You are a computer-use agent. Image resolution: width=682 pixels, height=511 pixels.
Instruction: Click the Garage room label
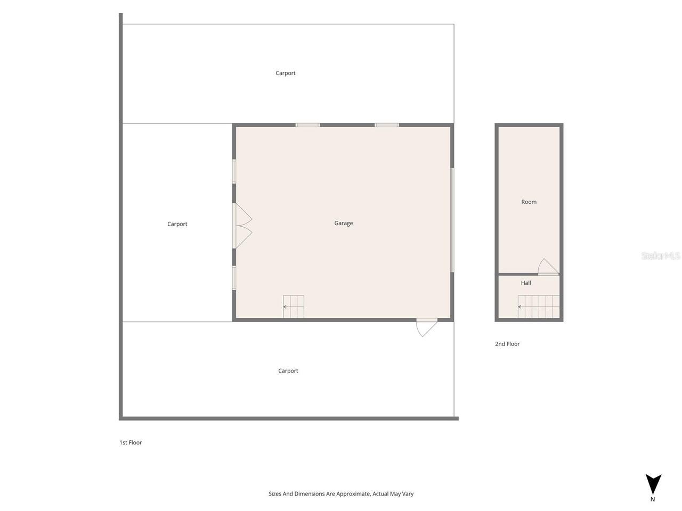(344, 224)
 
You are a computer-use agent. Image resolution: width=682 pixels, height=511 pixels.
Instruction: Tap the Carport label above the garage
(286, 73)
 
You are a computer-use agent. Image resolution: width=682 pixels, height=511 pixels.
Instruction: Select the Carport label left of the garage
(177, 224)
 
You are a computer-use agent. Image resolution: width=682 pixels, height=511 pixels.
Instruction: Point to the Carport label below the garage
(288, 371)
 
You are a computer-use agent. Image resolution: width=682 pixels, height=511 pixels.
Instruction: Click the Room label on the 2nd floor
(529, 202)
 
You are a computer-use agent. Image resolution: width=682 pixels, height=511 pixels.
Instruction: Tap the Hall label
(526, 283)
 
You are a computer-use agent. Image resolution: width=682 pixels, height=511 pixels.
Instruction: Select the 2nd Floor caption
(507, 344)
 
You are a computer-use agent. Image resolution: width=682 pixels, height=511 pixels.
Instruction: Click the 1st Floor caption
(131, 442)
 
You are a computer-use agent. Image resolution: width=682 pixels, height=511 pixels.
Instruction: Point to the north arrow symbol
(653, 483)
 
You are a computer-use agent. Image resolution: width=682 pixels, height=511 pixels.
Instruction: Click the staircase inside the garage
(294, 307)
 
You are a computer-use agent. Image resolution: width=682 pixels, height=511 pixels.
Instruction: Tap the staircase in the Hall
(539, 307)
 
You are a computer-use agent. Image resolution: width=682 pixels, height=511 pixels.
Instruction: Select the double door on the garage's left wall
(242, 226)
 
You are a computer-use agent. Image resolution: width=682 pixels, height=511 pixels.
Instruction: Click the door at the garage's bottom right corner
(426, 327)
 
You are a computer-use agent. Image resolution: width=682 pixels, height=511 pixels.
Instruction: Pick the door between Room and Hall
(548, 267)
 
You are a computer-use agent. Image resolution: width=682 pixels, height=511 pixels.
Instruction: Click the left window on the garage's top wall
(307, 125)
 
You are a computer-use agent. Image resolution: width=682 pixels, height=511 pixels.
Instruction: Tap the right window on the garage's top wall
(386, 125)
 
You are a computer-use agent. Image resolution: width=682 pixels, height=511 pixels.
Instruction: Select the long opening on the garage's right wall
(452, 220)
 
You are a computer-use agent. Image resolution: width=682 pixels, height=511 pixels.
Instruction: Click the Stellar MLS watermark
(661, 256)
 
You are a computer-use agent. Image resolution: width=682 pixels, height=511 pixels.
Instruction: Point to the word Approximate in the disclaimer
(353, 494)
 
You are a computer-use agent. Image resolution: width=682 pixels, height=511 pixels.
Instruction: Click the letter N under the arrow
(653, 500)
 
